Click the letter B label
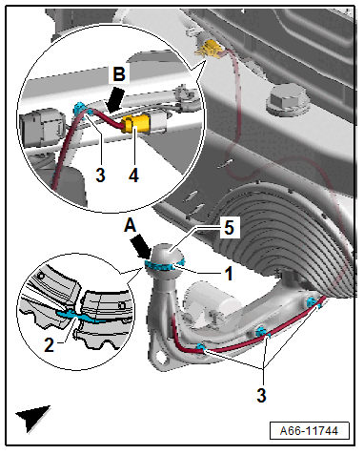[119, 75]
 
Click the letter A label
[130, 226]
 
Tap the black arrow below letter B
[114, 99]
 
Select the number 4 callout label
[133, 175]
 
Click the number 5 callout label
[229, 228]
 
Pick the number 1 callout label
[228, 274]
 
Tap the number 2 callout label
[50, 344]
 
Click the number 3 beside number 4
[100, 175]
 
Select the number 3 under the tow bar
[261, 396]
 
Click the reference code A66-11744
[309, 431]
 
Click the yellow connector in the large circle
[135, 124]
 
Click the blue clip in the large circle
[81, 109]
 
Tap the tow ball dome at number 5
[166, 253]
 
